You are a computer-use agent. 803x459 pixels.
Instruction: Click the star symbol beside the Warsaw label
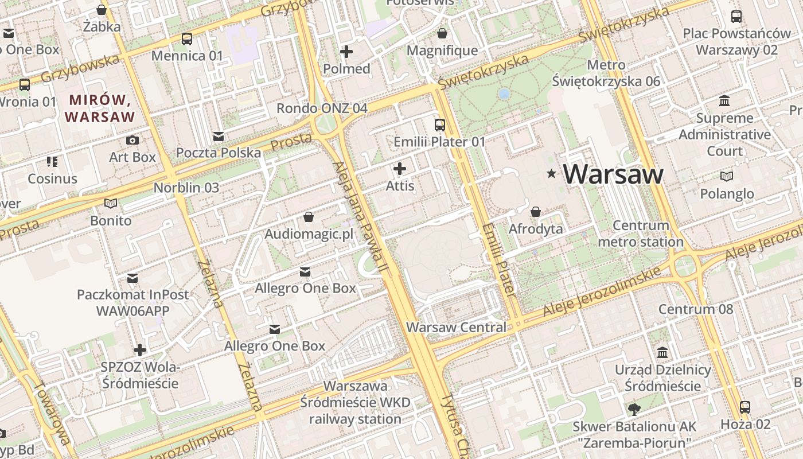tap(552, 173)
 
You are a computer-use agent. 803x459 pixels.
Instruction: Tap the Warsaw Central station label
tap(457, 328)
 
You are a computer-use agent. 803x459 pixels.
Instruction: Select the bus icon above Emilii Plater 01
tap(440, 125)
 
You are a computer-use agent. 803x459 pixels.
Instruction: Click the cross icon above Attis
tap(400, 169)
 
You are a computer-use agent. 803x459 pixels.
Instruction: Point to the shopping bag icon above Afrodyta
tap(536, 212)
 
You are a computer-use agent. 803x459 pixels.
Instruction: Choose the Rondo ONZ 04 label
tap(322, 108)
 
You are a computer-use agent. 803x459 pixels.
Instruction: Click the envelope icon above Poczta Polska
tap(219, 136)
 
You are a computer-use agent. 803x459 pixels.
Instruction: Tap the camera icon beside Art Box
tap(132, 140)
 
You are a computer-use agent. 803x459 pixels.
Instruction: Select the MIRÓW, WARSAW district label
tap(100, 108)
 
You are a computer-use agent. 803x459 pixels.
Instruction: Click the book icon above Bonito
tap(111, 203)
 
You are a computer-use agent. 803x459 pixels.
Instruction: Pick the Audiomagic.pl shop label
tap(309, 234)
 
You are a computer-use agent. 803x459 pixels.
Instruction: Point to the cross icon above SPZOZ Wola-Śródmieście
tap(140, 349)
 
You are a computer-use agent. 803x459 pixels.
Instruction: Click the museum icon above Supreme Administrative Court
tap(724, 101)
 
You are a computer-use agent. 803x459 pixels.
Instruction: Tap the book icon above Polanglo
tap(727, 176)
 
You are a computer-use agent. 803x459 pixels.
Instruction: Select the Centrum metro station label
tap(641, 234)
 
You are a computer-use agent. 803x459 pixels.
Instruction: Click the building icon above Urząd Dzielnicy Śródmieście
tap(663, 352)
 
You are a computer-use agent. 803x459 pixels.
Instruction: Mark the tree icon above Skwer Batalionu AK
tap(634, 409)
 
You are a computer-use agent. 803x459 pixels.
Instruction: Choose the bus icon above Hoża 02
tap(745, 407)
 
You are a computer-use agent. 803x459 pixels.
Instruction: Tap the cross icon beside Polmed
tap(346, 52)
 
